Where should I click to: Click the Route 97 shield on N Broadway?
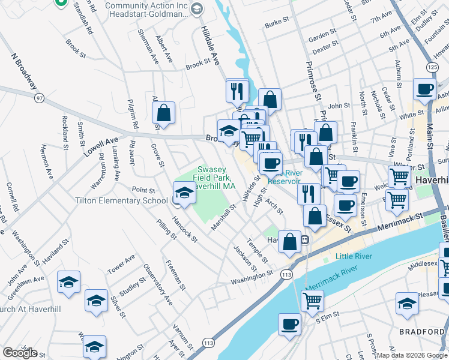pyautogui.click(x=40, y=98)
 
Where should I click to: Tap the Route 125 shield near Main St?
pyautogui.click(x=433, y=70)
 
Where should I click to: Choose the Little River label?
pyautogui.click(x=354, y=257)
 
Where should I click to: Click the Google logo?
pyautogui.click(x=19, y=353)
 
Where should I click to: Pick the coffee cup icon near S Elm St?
pyautogui.click(x=290, y=325)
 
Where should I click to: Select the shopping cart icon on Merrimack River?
pyautogui.click(x=312, y=300)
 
